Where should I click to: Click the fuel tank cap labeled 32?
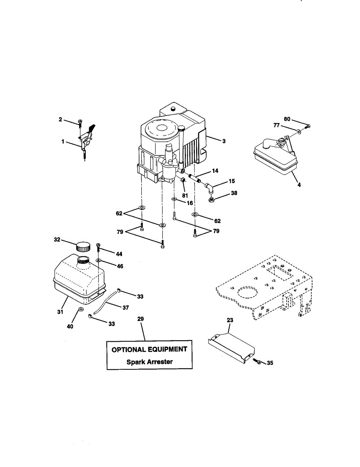pyautogui.click(x=83, y=246)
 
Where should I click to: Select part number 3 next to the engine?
pyautogui.click(x=224, y=141)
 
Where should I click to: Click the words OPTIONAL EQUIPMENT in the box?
pyautogui.click(x=149, y=349)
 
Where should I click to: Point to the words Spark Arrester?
pyautogui.click(x=149, y=362)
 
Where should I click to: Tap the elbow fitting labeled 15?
pyautogui.click(x=210, y=189)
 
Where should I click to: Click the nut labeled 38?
pyautogui.click(x=212, y=200)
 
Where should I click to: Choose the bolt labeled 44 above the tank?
pyautogui.click(x=98, y=246)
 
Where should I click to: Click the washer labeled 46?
pyautogui.click(x=99, y=260)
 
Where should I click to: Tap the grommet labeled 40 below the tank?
pyautogui.click(x=81, y=309)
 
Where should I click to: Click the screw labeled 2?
pyautogui.click(x=80, y=123)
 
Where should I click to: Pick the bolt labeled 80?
pyautogui.click(x=307, y=126)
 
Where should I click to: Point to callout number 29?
pyautogui.click(x=140, y=319)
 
